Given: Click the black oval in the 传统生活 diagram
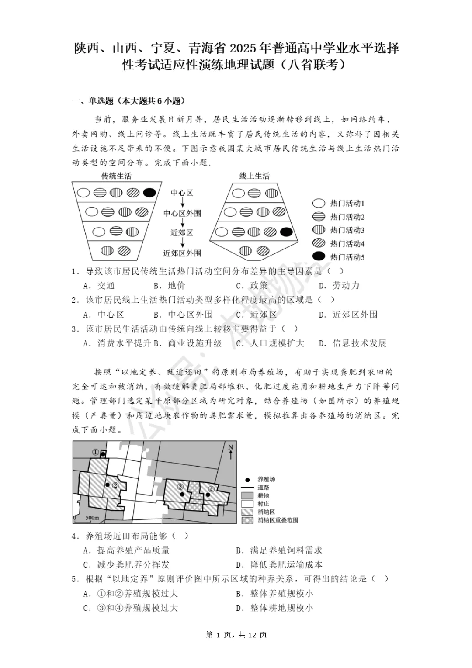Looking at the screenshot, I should [149, 193].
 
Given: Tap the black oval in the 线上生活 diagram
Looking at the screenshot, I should [286, 232].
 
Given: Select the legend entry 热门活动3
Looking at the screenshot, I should [347, 230].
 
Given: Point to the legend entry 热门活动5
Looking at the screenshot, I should [347, 257].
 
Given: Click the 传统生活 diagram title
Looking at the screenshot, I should [116, 176].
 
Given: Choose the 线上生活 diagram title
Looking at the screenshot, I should [254, 176].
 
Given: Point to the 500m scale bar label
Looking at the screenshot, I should [92, 518].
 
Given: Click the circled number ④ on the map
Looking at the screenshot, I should [212, 489].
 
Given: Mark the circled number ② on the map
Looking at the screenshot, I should [115, 485].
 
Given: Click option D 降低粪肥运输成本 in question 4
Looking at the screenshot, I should [279, 564].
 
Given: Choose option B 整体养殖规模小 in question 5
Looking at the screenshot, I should [275, 593].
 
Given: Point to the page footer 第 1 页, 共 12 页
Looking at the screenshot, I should [236, 635].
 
